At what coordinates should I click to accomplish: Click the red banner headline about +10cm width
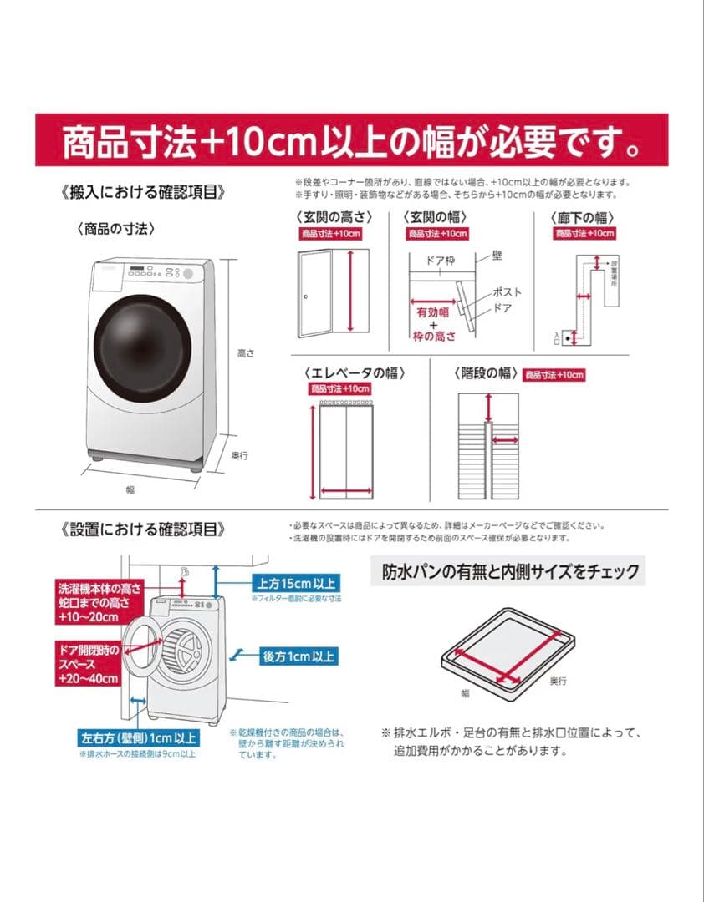tap(352, 142)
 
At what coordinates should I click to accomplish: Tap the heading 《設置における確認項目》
tap(143, 529)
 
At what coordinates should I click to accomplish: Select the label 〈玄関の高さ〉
tap(333, 216)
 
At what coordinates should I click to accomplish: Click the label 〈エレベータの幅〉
tap(349, 372)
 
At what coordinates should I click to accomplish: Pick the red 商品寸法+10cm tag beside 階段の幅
tap(554, 375)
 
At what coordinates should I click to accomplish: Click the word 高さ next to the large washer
tap(245, 354)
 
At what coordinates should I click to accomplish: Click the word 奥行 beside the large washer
tap(240, 455)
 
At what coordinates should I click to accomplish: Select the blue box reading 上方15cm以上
tap(294, 583)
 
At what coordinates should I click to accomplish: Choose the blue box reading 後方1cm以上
tap(299, 656)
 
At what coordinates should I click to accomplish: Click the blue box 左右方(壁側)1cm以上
tap(138, 738)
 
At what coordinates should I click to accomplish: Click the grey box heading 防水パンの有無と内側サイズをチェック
tap(510, 572)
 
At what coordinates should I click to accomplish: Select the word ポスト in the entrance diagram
tap(508, 292)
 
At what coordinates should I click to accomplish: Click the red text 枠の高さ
tap(434, 336)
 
